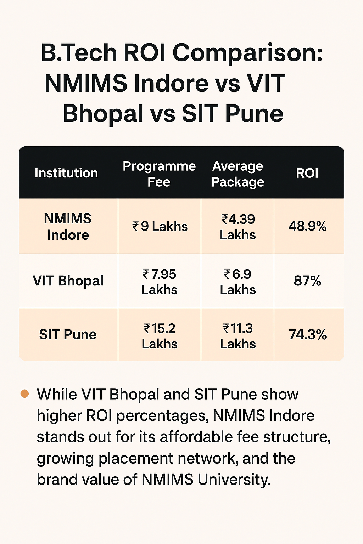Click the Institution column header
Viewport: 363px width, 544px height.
tap(66, 173)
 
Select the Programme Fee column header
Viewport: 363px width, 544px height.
tap(159, 174)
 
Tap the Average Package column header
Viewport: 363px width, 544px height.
tap(238, 174)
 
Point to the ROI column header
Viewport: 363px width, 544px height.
tap(307, 173)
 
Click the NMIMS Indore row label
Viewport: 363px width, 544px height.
tap(68, 227)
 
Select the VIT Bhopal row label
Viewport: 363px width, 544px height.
tap(68, 281)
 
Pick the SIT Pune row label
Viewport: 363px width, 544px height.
tap(68, 335)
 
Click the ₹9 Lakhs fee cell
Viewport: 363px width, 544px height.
tap(160, 227)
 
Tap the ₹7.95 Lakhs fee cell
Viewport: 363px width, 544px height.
tap(160, 282)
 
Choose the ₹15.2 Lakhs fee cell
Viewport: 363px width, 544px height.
tap(160, 336)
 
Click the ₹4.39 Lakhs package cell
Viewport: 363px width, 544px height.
tap(238, 227)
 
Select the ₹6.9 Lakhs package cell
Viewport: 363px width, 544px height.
tap(238, 282)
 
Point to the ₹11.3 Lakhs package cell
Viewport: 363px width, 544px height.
tap(238, 336)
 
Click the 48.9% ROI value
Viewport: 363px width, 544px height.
tap(308, 227)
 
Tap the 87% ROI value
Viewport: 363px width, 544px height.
tap(307, 281)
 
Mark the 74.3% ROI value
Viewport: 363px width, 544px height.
tap(308, 335)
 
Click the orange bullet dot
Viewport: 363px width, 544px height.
tap(24, 394)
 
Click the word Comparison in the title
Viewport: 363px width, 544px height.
tap(247, 53)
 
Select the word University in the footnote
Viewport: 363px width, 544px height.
tap(234, 480)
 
